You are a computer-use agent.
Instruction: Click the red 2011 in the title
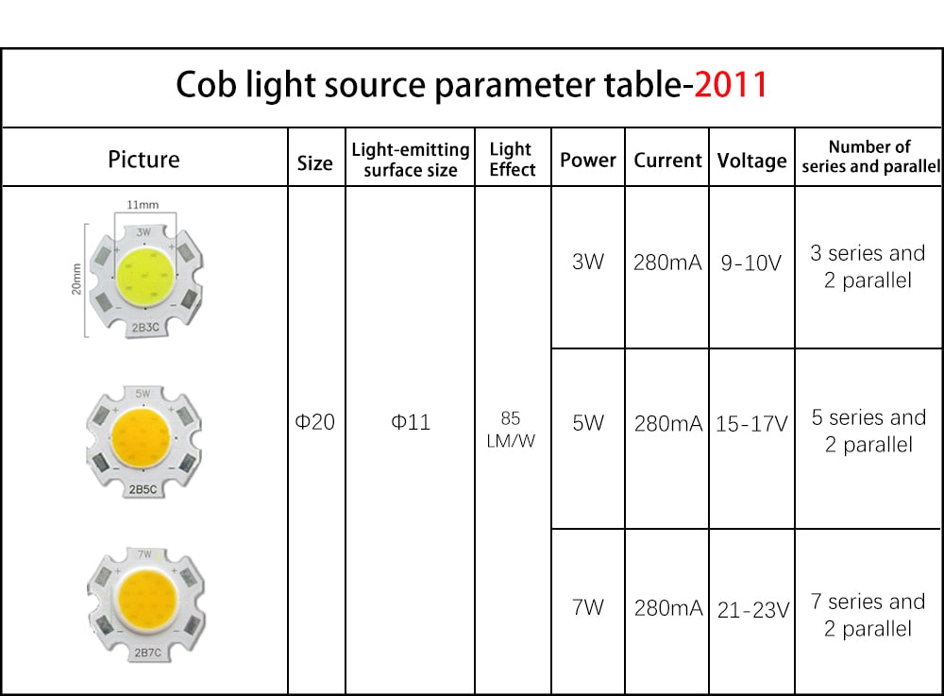click(x=731, y=85)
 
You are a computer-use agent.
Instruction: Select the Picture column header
click(x=143, y=159)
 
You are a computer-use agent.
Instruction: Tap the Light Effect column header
click(x=512, y=159)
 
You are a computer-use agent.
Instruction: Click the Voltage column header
click(x=751, y=161)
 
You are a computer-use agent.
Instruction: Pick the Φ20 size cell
click(x=315, y=422)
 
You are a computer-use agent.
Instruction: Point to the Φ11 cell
click(x=411, y=422)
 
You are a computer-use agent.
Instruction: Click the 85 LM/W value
click(x=511, y=429)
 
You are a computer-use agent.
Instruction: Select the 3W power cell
click(x=587, y=262)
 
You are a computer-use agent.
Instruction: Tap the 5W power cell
click(x=587, y=423)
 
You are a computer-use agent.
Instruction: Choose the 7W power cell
click(x=587, y=607)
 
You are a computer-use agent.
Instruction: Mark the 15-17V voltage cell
click(x=751, y=424)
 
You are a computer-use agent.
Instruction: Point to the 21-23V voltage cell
click(x=752, y=610)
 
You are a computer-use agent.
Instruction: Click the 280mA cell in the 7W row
click(x=668, y=608)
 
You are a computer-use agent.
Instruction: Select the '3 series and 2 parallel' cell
click(x=868, y=266)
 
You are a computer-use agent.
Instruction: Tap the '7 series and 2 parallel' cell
click(x=868, y=615)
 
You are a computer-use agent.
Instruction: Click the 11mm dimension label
click(x=143, y=205)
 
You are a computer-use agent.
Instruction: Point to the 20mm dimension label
click(x=76, y=280)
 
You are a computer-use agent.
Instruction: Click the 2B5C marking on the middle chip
click(x=143, y=490)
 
